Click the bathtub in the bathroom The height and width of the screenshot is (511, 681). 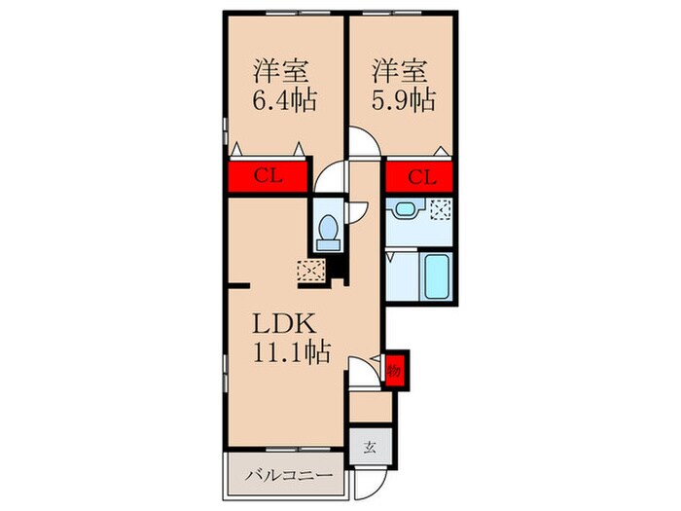tap(433, 278)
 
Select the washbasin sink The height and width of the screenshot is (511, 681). tap(405, 207)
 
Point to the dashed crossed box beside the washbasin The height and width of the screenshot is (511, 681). tap(440, 206)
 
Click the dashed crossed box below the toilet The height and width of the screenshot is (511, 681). tap(311, 272)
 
